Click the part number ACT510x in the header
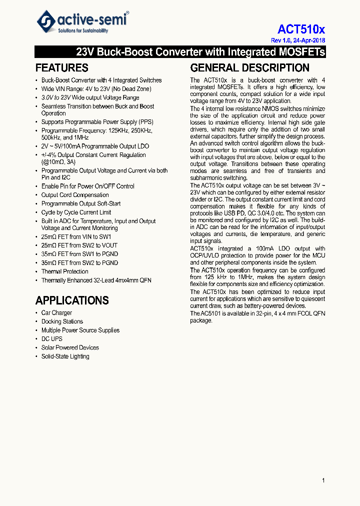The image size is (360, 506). coord(301,29)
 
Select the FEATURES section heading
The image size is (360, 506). coord(61,68)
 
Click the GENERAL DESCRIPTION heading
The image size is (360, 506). coord(249,68)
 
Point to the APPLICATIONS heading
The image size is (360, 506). coord(71,300)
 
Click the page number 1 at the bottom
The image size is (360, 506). coord(323,480)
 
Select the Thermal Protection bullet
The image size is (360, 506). coord(65,271)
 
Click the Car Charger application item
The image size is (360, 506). coord(56,313)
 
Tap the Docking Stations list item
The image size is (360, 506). coord(62,321)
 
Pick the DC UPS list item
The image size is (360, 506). coord(52,339)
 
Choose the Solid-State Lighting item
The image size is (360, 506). coord(65,356)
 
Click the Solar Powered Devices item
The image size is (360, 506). coord(70,347)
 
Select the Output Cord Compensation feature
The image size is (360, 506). coord(75,195)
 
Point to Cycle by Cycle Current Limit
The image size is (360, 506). coord(76,212)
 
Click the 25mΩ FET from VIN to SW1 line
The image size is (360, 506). coord(76,237)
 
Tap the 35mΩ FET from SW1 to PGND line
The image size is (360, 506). coord(79,254)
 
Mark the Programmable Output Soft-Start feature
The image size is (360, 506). coord(81,203)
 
